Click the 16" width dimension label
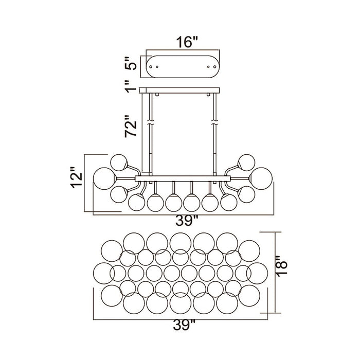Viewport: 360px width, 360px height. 187,43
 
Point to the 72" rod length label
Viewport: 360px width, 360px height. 131,126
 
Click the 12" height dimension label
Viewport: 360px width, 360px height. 76,177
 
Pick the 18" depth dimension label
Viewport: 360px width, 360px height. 281,266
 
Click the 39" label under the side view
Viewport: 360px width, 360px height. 186,221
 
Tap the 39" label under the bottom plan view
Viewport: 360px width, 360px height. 184,325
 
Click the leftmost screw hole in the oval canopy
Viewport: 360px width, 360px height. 151,66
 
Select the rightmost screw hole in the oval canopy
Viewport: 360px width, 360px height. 214,66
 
